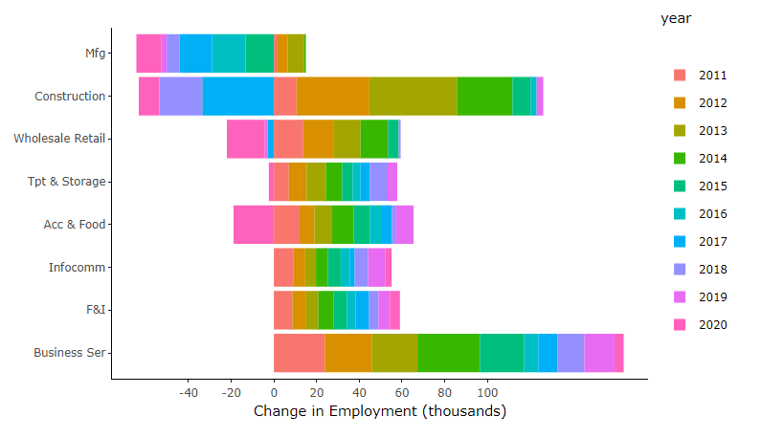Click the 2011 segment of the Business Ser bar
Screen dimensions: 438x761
299,353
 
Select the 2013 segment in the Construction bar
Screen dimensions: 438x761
413,96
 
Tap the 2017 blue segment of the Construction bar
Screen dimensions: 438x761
237,96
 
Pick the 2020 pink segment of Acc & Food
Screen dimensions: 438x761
253,224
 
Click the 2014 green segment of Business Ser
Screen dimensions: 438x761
448,353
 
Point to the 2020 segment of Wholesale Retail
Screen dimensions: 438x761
245,139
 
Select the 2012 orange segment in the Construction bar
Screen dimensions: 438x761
332,96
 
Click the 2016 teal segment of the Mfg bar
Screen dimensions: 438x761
228,53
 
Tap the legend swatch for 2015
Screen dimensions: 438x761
681,186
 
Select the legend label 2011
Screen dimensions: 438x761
712,75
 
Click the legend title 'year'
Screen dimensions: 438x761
676,18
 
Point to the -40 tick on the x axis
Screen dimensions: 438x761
189,392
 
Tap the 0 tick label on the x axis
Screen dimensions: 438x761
274,392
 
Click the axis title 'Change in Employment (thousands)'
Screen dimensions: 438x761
379,411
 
